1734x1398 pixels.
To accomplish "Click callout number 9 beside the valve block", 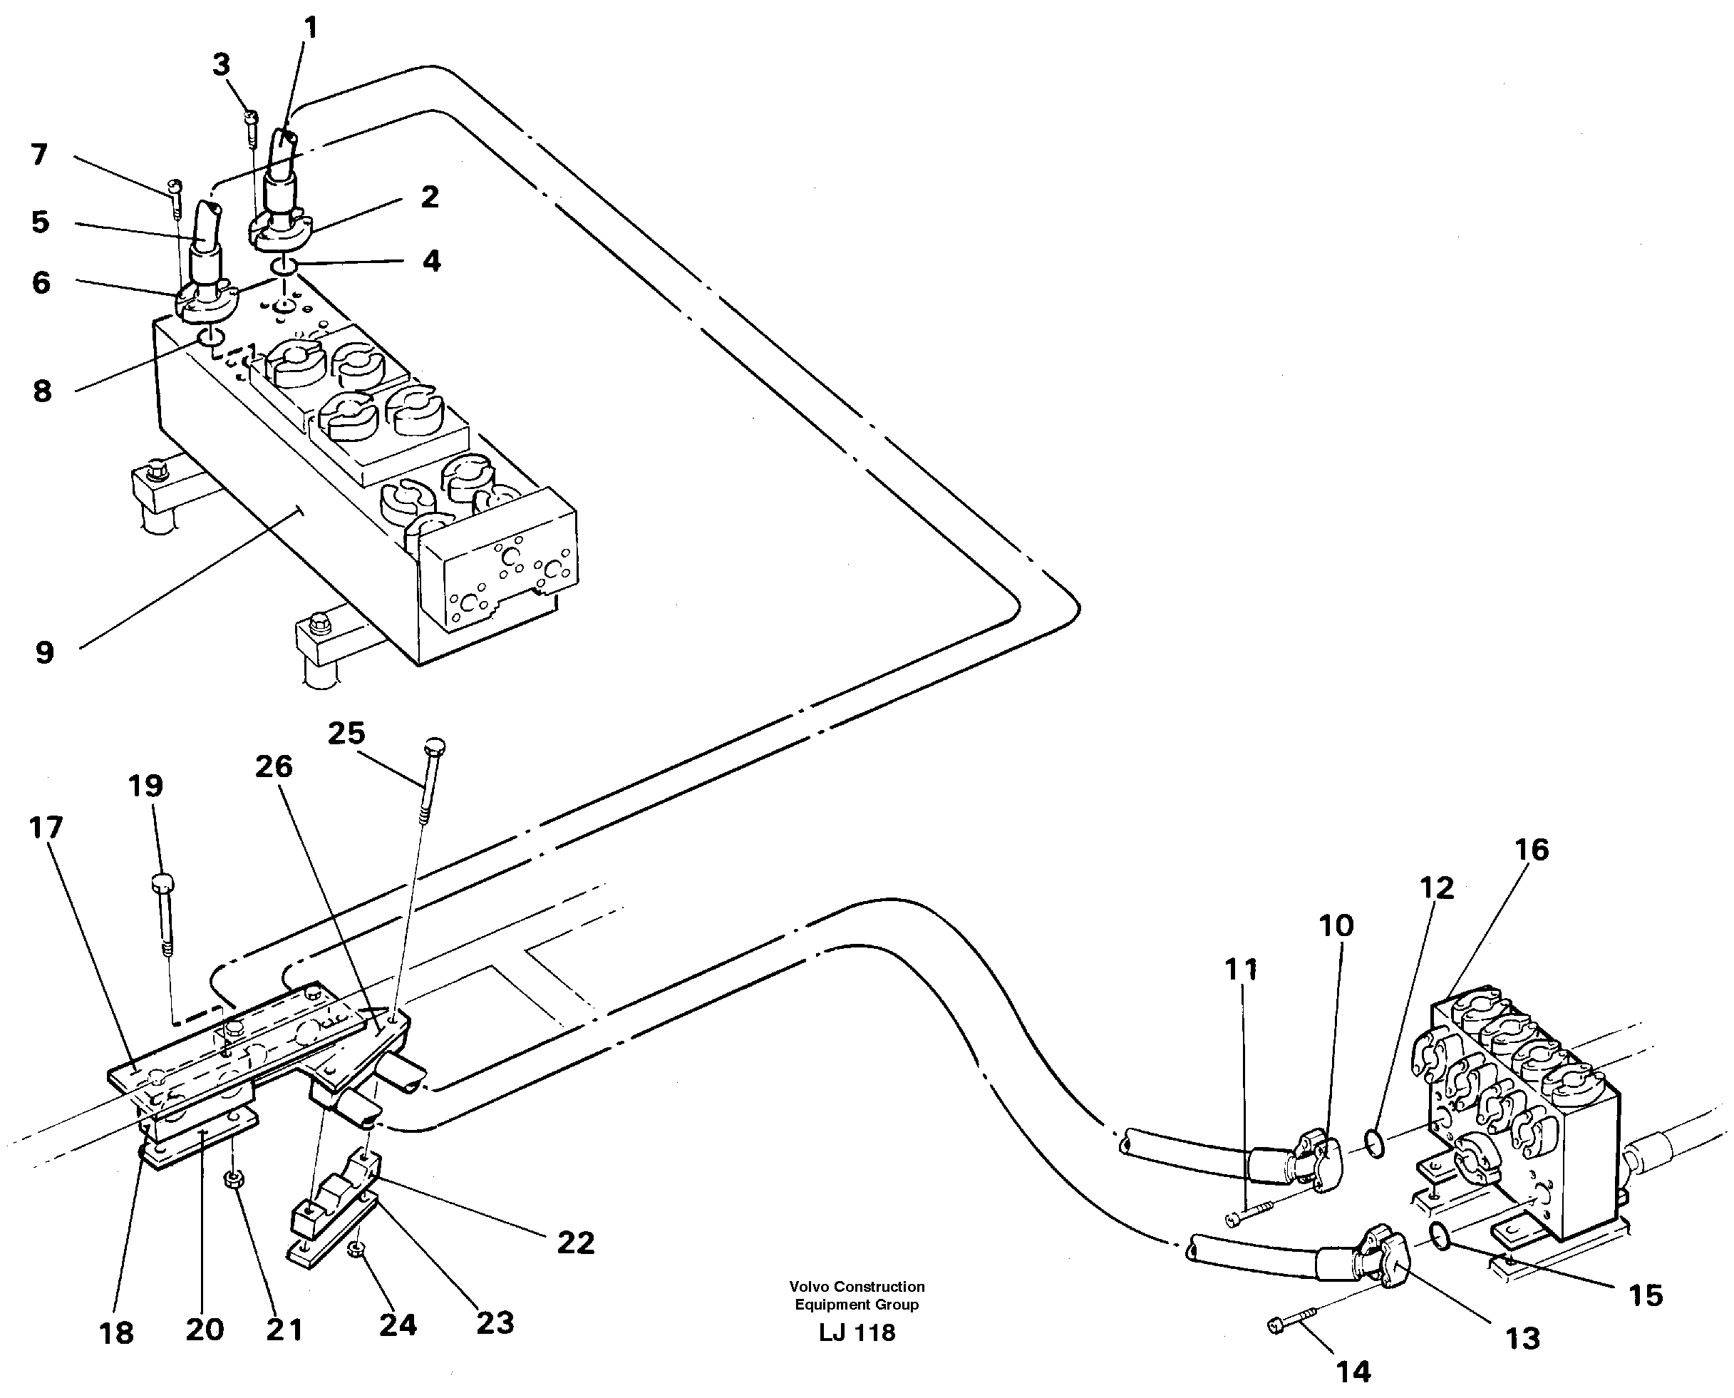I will click(44, 652).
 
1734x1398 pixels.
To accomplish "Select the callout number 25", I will click(346, 734).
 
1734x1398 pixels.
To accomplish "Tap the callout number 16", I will click(1531, 850).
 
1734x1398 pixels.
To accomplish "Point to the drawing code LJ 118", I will click(857, 1333).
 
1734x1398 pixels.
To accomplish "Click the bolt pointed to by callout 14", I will click(1288, 1324).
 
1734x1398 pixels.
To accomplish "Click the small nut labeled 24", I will click(355, 1249).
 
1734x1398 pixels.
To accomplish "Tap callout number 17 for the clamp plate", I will click(46, 827).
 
